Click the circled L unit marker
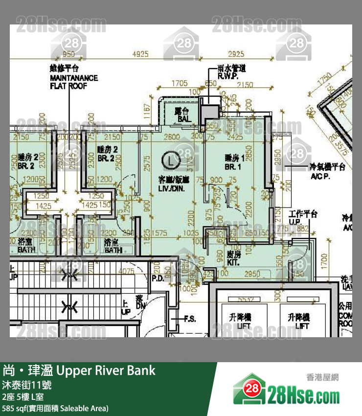click(169, 159)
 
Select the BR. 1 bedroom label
click(233, 162)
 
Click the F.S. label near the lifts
click(190, 319)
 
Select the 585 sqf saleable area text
click(55, 408)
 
